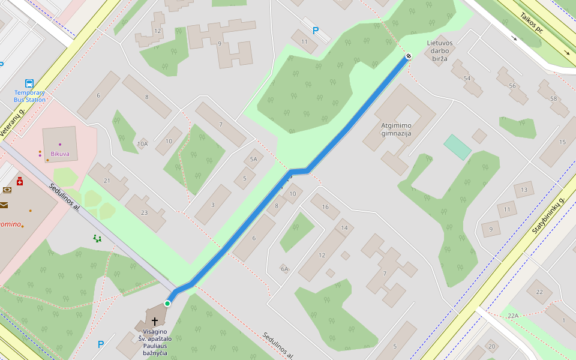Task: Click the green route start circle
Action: [167, 304]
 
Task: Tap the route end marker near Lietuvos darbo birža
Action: [409, 56]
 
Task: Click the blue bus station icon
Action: [29, 83]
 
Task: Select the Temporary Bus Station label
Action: [30, 96]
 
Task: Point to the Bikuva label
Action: [60, 154]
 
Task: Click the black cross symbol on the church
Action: [155, 322]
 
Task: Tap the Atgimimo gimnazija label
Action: [396, 130]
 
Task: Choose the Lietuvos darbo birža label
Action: [440, 51]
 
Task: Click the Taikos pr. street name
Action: [531, 25]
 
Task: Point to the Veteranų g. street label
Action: [13, 119]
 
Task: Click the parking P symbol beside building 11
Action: [316, 31]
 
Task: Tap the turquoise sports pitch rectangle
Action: [458, 147]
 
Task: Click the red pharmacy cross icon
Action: [20, 181]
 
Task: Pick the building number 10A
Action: [142, 144]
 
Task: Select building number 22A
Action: [512, 316]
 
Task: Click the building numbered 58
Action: [553, 98]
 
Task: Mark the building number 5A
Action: [253, 159]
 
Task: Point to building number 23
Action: [144, 212]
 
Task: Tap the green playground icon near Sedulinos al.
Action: [97, 238]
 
